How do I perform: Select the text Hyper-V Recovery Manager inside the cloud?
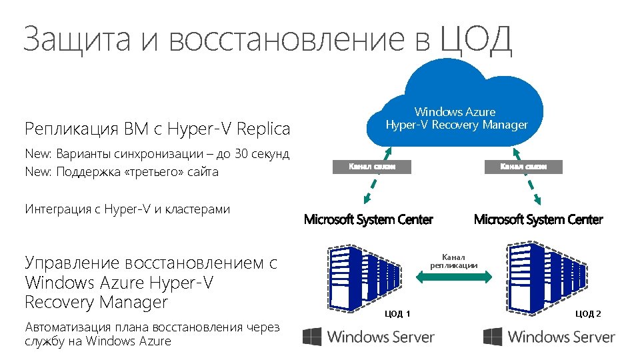click(457, 125)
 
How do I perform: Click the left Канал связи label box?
click(372, 167)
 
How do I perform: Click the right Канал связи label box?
click(523, 167)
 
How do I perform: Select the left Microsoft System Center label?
click(368, 219)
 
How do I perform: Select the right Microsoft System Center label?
click(538, 219)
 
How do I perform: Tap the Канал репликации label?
click(453, 261)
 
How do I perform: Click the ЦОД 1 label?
click(399, 313)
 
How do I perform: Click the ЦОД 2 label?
click(588, 313)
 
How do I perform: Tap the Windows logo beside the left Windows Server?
click(312, 337)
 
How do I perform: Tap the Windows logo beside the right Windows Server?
click(493, 337)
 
